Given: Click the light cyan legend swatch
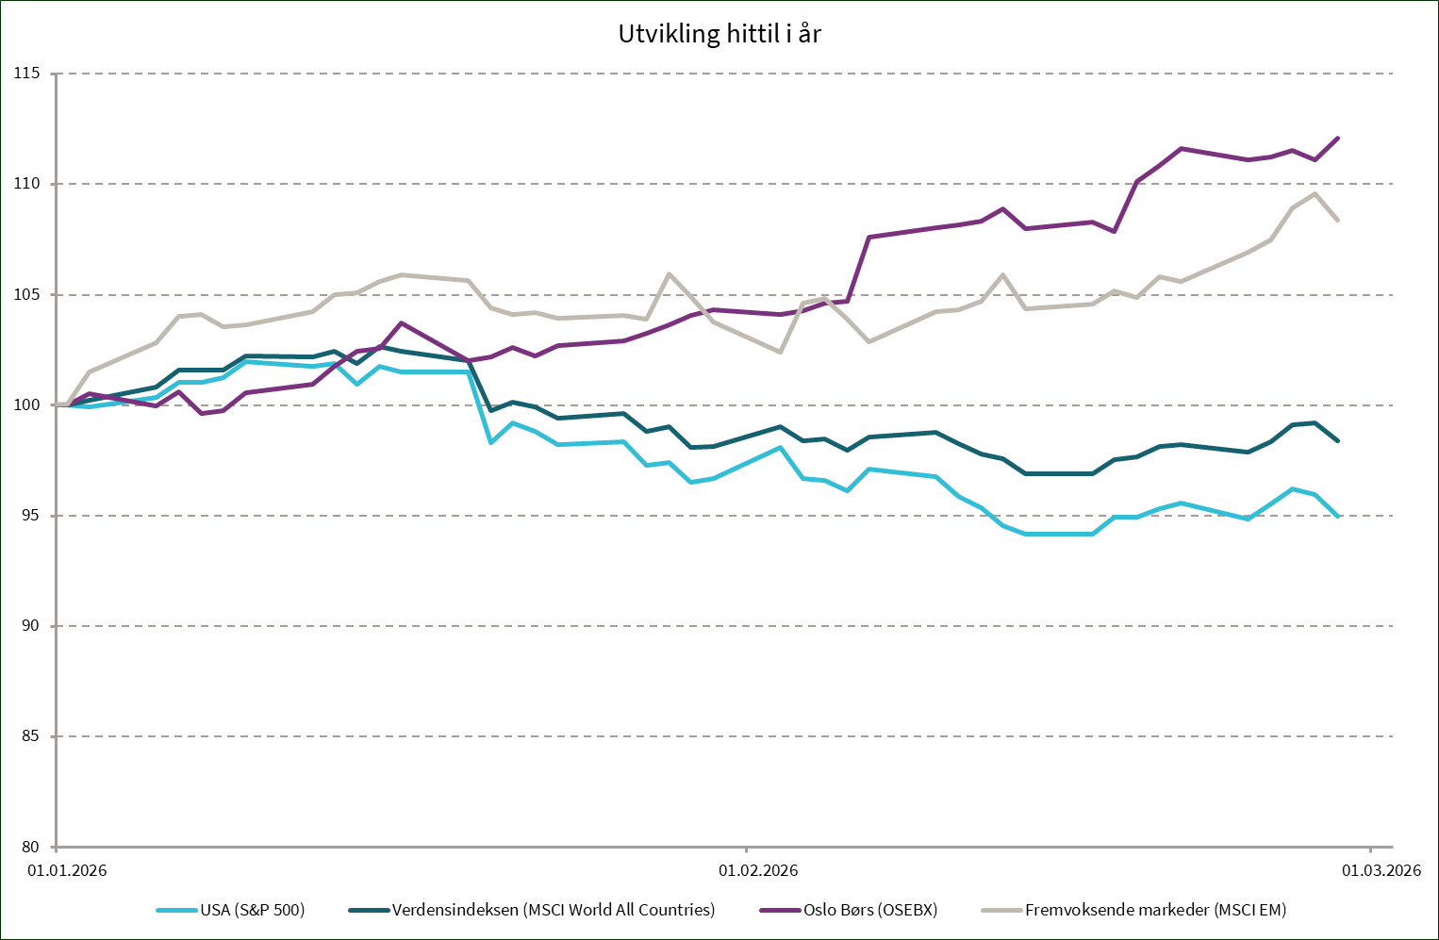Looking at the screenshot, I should [176, 910].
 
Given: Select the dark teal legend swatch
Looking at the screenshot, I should [369, 910].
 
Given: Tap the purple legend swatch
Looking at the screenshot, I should [780, 910].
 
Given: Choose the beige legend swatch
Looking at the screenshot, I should [1001, 910].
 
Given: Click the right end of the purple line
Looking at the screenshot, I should [1338, 138].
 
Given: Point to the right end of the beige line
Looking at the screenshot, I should [1338, 220].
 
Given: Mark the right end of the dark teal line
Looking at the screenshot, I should [1338, 440].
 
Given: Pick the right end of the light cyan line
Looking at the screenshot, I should [1338, 516].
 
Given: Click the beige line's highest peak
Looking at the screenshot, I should [1315, 193].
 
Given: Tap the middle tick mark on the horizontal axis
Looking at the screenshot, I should [746, 849].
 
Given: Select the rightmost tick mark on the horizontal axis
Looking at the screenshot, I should [1370, 849].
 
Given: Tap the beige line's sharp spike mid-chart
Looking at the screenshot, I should [670, 273].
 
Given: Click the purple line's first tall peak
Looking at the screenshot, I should [403, 322].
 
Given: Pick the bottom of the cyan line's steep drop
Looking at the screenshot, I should [490, 441].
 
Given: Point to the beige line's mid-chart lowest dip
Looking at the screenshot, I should [780, 352].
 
